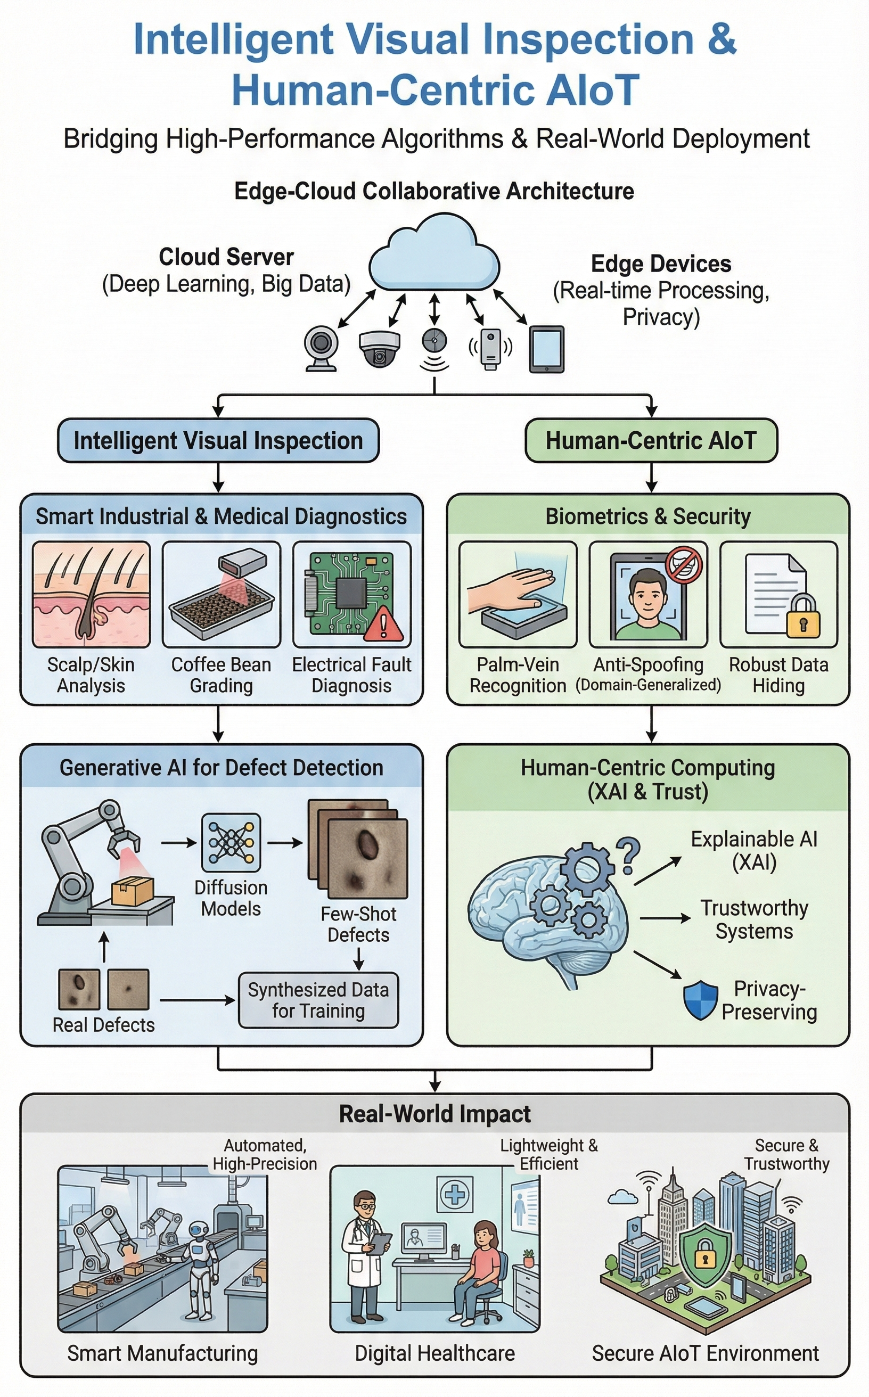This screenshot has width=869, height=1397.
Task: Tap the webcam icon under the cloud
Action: point(321,348)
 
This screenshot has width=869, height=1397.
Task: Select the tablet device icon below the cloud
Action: point(546,349)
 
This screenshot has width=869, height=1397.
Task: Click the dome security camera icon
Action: point(379,348)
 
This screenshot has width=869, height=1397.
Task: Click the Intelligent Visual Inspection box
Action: point(218,441)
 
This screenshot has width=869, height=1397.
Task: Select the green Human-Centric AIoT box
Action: point(651,441)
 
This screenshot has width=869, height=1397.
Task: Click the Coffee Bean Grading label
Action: point(222,675)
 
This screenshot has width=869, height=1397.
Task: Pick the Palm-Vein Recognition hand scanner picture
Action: point(517,595)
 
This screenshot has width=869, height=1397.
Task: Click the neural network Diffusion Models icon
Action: point(231,843)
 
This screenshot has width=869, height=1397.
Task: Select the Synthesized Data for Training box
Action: point(318,1000)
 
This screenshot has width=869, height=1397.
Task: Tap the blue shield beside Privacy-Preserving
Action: point(701,1000)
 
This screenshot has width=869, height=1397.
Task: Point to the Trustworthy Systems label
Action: point(753,919)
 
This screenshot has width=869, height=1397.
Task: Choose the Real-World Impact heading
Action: point(434,1114)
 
